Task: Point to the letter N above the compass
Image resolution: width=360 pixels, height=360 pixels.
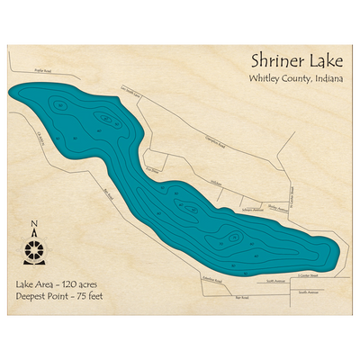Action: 34,226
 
